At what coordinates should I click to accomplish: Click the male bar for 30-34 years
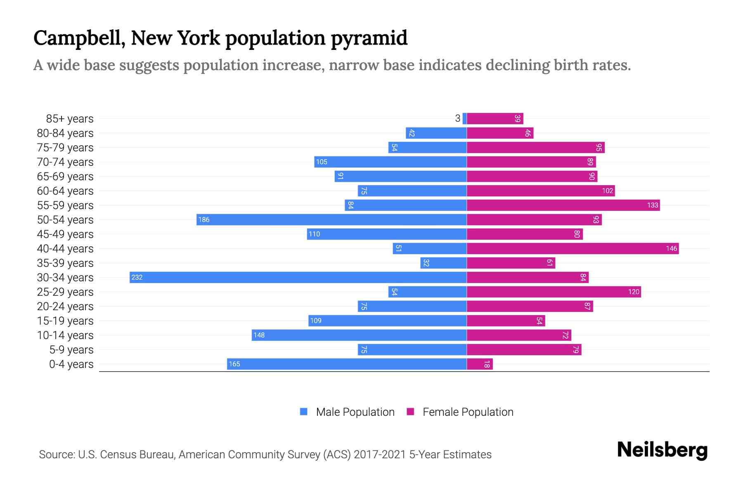pos(298,277)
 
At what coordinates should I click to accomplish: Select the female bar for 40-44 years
pos(573,248)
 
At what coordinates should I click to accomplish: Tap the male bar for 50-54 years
pos(331,219)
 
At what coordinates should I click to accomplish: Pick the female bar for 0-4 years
pos(480,364)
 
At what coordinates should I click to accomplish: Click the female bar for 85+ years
pos(495,118)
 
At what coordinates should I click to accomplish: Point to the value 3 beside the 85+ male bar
pos(457,118)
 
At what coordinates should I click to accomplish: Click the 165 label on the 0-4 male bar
pos(234,364)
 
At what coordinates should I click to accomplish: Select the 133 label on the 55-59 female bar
pos(652,205)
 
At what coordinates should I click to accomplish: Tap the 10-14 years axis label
pos(65,335)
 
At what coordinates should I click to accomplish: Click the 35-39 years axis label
pos(65,263)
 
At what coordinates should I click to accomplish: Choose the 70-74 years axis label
pos(65,162)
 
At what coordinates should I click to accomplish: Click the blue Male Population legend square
pos(304,412)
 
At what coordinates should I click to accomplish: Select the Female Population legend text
pos(468,412)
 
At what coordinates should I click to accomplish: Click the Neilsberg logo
pos(662,450)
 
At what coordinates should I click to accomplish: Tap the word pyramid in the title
pos(369,38)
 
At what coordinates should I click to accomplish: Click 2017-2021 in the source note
pos(379,454)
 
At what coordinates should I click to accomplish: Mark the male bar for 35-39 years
pos(443,263)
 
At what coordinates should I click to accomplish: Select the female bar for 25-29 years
pos(554,292)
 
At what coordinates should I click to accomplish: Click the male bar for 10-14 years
pos(359,335)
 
